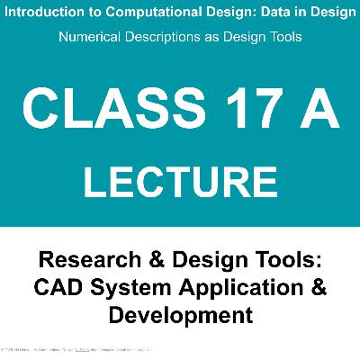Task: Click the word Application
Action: coord(229,289)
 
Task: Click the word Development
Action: coord(180,316)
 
